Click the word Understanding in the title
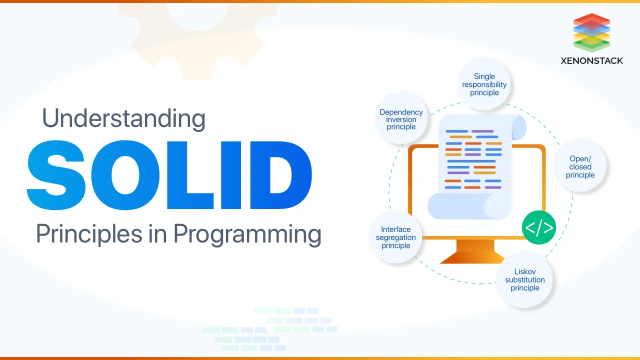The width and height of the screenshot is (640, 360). pyautogui.click(x=123, y=118)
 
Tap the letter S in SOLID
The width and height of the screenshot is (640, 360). pyautogui.click(x=56, y=175)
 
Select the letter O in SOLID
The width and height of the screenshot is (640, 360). pyautogui.click(x=125, y=175)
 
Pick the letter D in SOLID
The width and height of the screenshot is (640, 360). pyautogui.click(x=281, y=175)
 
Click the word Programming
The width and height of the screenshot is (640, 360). pyautogui.click(x=247, y=234)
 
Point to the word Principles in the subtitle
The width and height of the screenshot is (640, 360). pyautogui.click(x=89, y=233)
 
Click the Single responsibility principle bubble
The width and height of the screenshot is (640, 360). pyautogui.click(x=484, y=84)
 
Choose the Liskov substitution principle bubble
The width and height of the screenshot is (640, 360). pyautogui.click(x=524, y=279)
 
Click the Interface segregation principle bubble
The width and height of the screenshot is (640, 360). pyautogui.click(x=395, y=237)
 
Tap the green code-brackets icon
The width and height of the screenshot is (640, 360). pyautogui.click(x=539, y=227)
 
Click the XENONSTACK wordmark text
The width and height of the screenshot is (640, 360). pyautogui.click(x=591, y=61)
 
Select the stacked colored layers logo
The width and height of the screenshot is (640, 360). pyautogui.click(x=591, y=32)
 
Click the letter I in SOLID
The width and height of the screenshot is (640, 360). pyautogui.click(x=231, y=175)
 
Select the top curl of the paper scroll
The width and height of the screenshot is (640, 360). pyautogui.click(x=519, y=127)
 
